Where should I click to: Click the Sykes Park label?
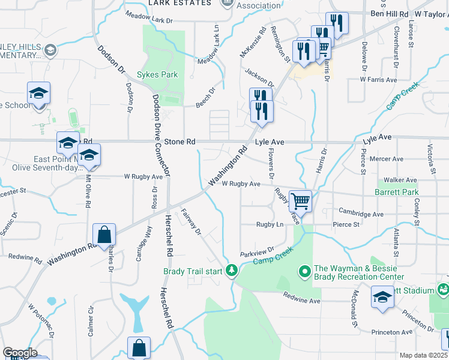(x=157, y=75)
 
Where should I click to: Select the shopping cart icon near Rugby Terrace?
(x=300, y=200)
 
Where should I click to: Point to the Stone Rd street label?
(x=182, y=142)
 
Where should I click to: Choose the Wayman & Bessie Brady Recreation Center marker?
(x=305, y=272)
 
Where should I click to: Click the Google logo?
(x=19, y=353)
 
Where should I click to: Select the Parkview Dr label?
(x=257, y=251)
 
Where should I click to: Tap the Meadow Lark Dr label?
(x=148, y=18)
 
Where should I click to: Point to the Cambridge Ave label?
(x=361, y=214)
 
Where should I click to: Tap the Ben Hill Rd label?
(x=389, y=13)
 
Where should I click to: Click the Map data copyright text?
(x=424, y=355)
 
